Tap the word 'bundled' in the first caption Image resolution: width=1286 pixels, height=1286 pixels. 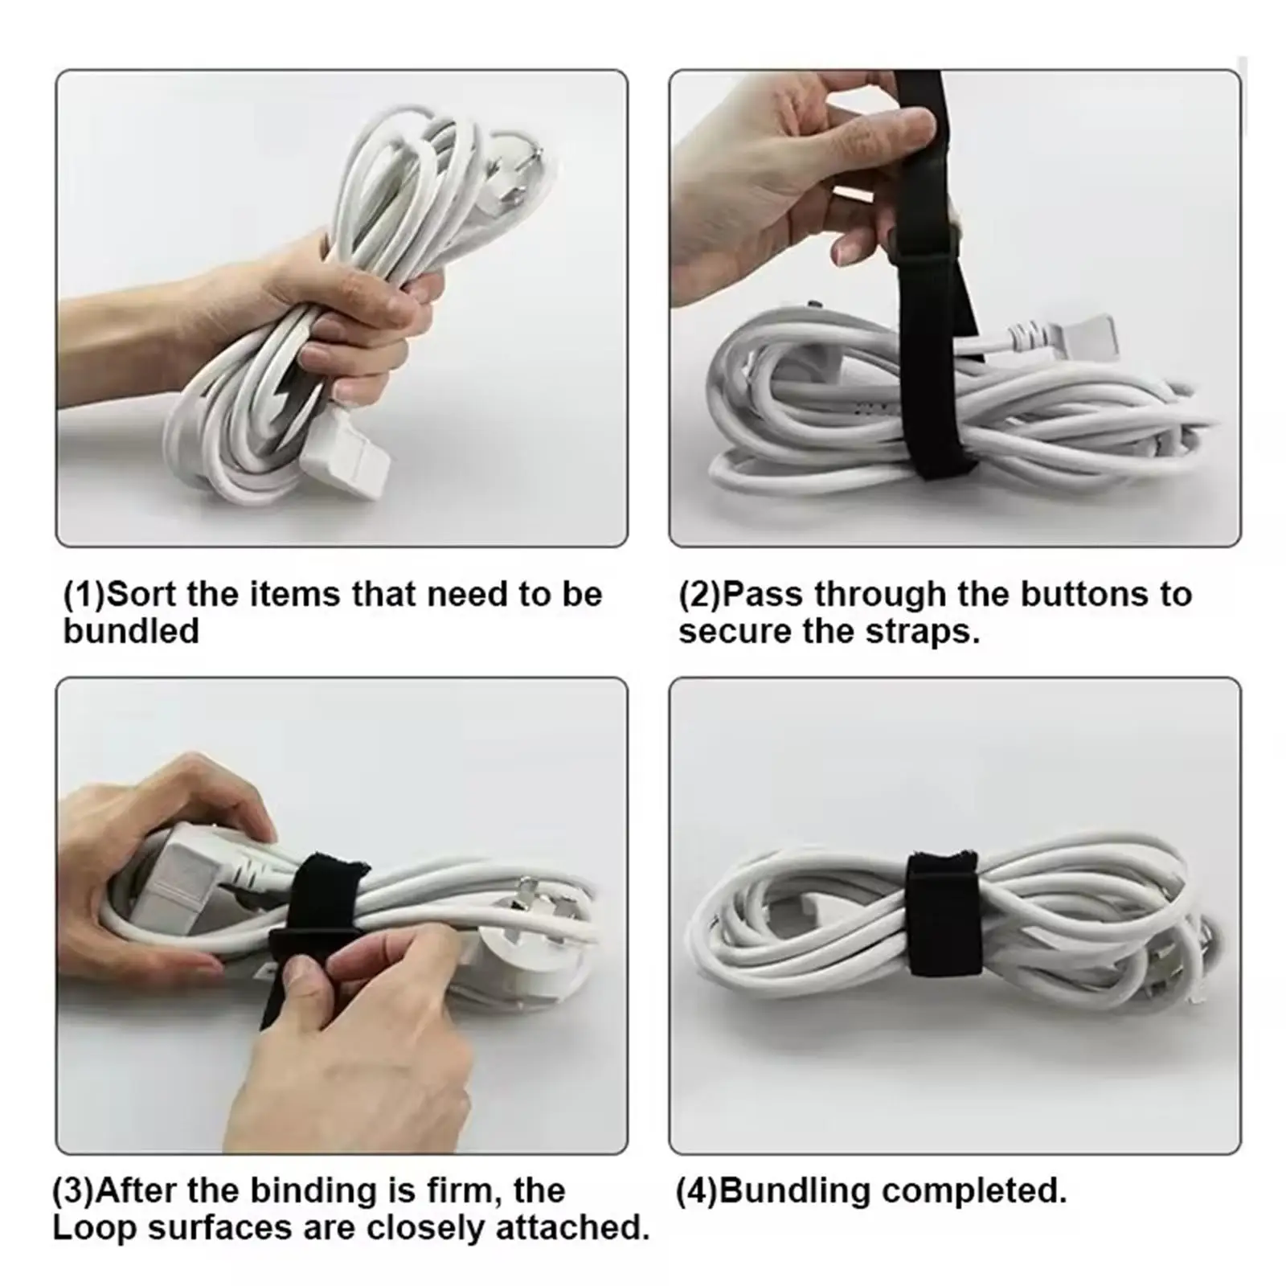pyautogui.click(x=131, y=632)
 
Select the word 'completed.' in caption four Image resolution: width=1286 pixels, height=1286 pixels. pyautogui.click(x=974, y=1191)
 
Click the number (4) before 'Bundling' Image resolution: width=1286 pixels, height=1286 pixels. pyautogui.click(x=697, y=1191)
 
